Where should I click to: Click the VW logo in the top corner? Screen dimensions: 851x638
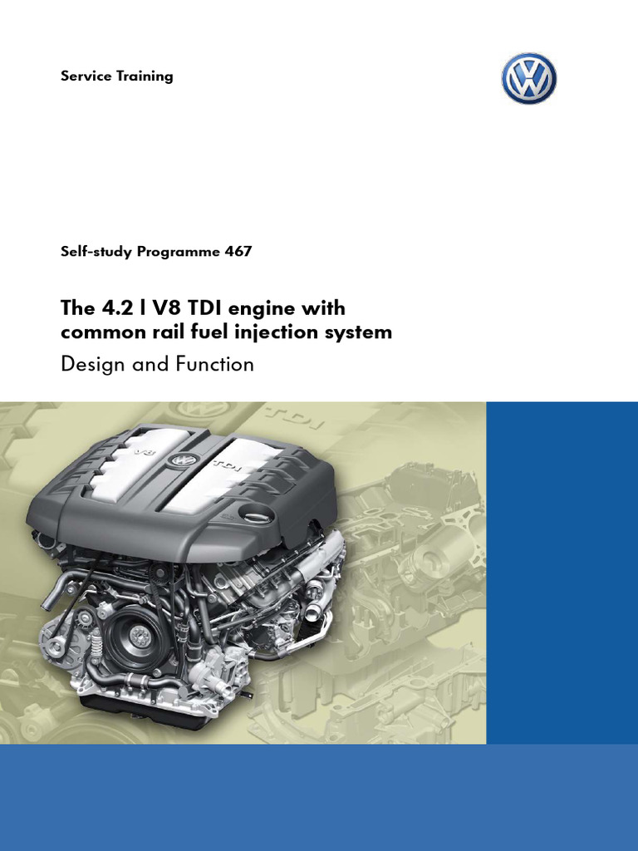coord(528,78)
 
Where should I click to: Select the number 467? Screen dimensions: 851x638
coord(238,252)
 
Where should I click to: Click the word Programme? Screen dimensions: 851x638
coord(179,252)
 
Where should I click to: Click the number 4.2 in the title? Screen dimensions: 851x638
coord(119,309)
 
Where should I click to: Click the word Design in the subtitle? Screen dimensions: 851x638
coord(91,364)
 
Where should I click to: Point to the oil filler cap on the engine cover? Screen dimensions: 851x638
coord(255,514)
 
